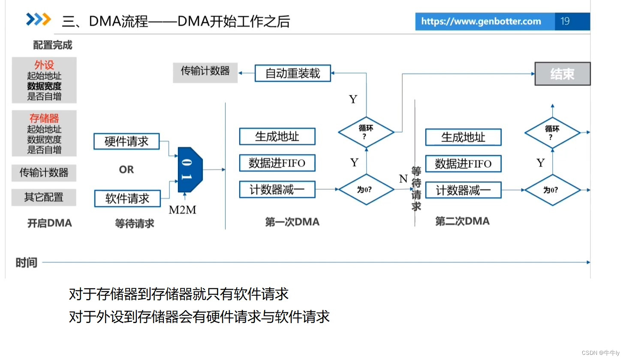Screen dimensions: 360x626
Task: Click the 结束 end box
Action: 562,74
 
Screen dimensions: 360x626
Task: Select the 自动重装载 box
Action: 292,73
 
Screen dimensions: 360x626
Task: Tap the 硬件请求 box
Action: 126,141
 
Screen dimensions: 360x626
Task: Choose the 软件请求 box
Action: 127,198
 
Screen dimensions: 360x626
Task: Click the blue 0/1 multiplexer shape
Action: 189,169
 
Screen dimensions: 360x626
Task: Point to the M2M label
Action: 183,210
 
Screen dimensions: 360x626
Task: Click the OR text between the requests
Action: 126,169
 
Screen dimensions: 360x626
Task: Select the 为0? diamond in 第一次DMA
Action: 366,189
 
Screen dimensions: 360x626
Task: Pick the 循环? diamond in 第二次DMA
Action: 552,133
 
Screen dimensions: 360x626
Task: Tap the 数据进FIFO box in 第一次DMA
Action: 277,163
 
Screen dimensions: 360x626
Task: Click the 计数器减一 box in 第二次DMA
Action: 463,190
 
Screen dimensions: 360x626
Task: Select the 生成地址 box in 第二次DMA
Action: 463,137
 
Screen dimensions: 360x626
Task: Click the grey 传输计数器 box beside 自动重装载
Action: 205,71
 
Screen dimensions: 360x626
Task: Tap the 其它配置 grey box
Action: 44,197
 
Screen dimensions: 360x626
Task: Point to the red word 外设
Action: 44,65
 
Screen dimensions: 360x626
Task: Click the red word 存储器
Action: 44,118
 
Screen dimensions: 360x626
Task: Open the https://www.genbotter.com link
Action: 481,21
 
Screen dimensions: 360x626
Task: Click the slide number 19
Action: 565,21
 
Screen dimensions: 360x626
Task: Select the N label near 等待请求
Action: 403,178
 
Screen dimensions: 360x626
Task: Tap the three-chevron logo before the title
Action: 38,19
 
